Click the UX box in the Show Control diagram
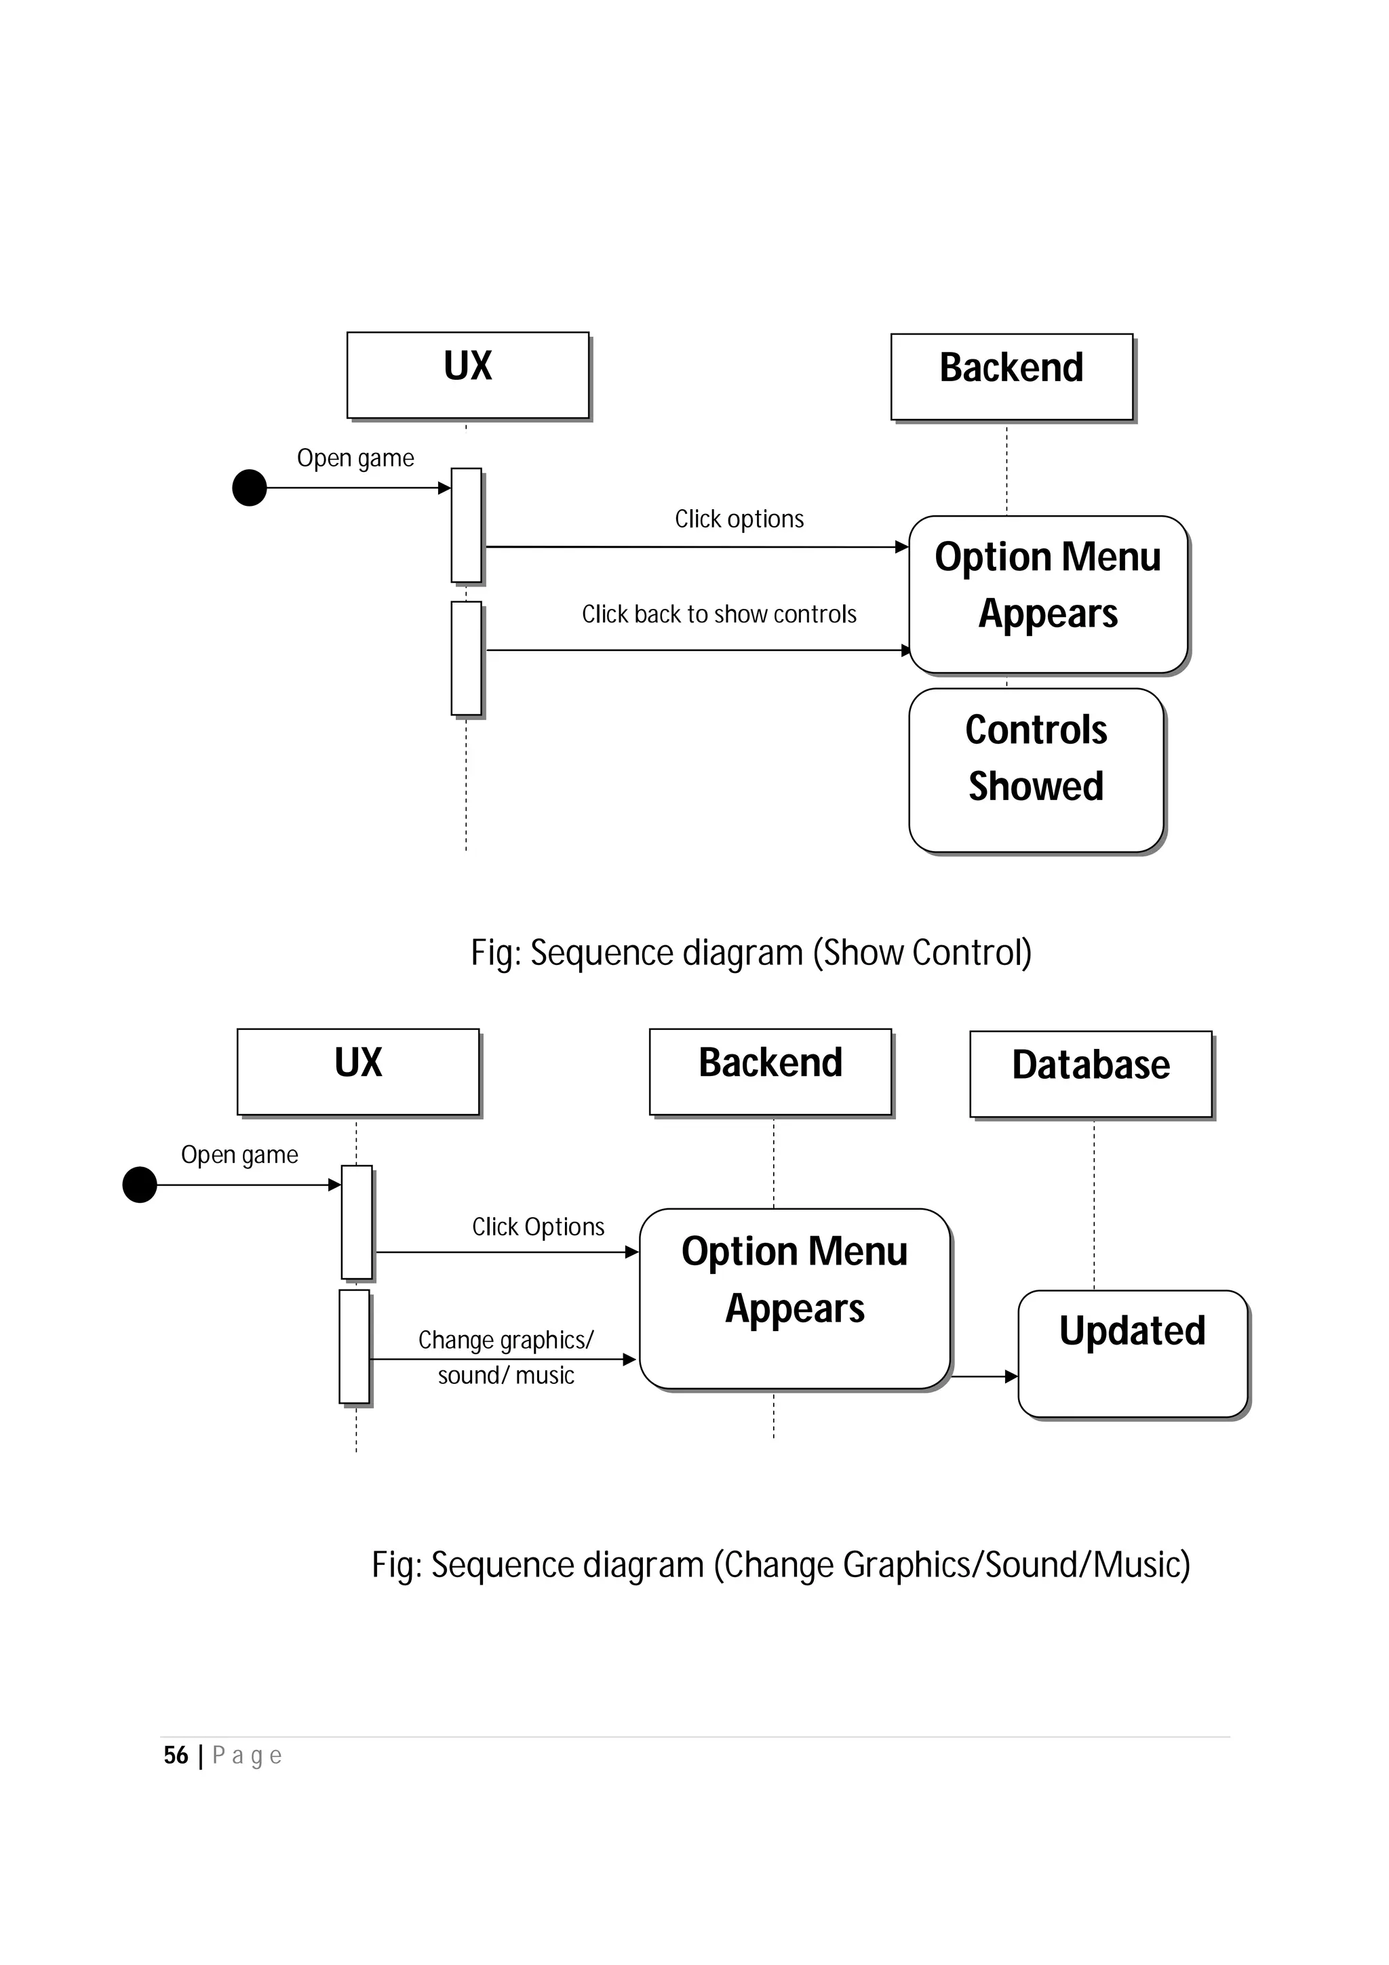467,375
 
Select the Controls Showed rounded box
1036,770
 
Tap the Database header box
1091,1073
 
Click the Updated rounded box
1132,1353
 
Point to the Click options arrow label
739,519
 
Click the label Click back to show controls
719,614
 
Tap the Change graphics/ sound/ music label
506,1357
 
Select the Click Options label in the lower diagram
539,1227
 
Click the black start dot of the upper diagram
250,488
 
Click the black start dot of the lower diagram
140,1185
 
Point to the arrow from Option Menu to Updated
985,1376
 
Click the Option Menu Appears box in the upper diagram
1048,594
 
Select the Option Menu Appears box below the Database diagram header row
794,1298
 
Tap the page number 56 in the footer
176,1755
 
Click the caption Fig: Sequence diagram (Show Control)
751,953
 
